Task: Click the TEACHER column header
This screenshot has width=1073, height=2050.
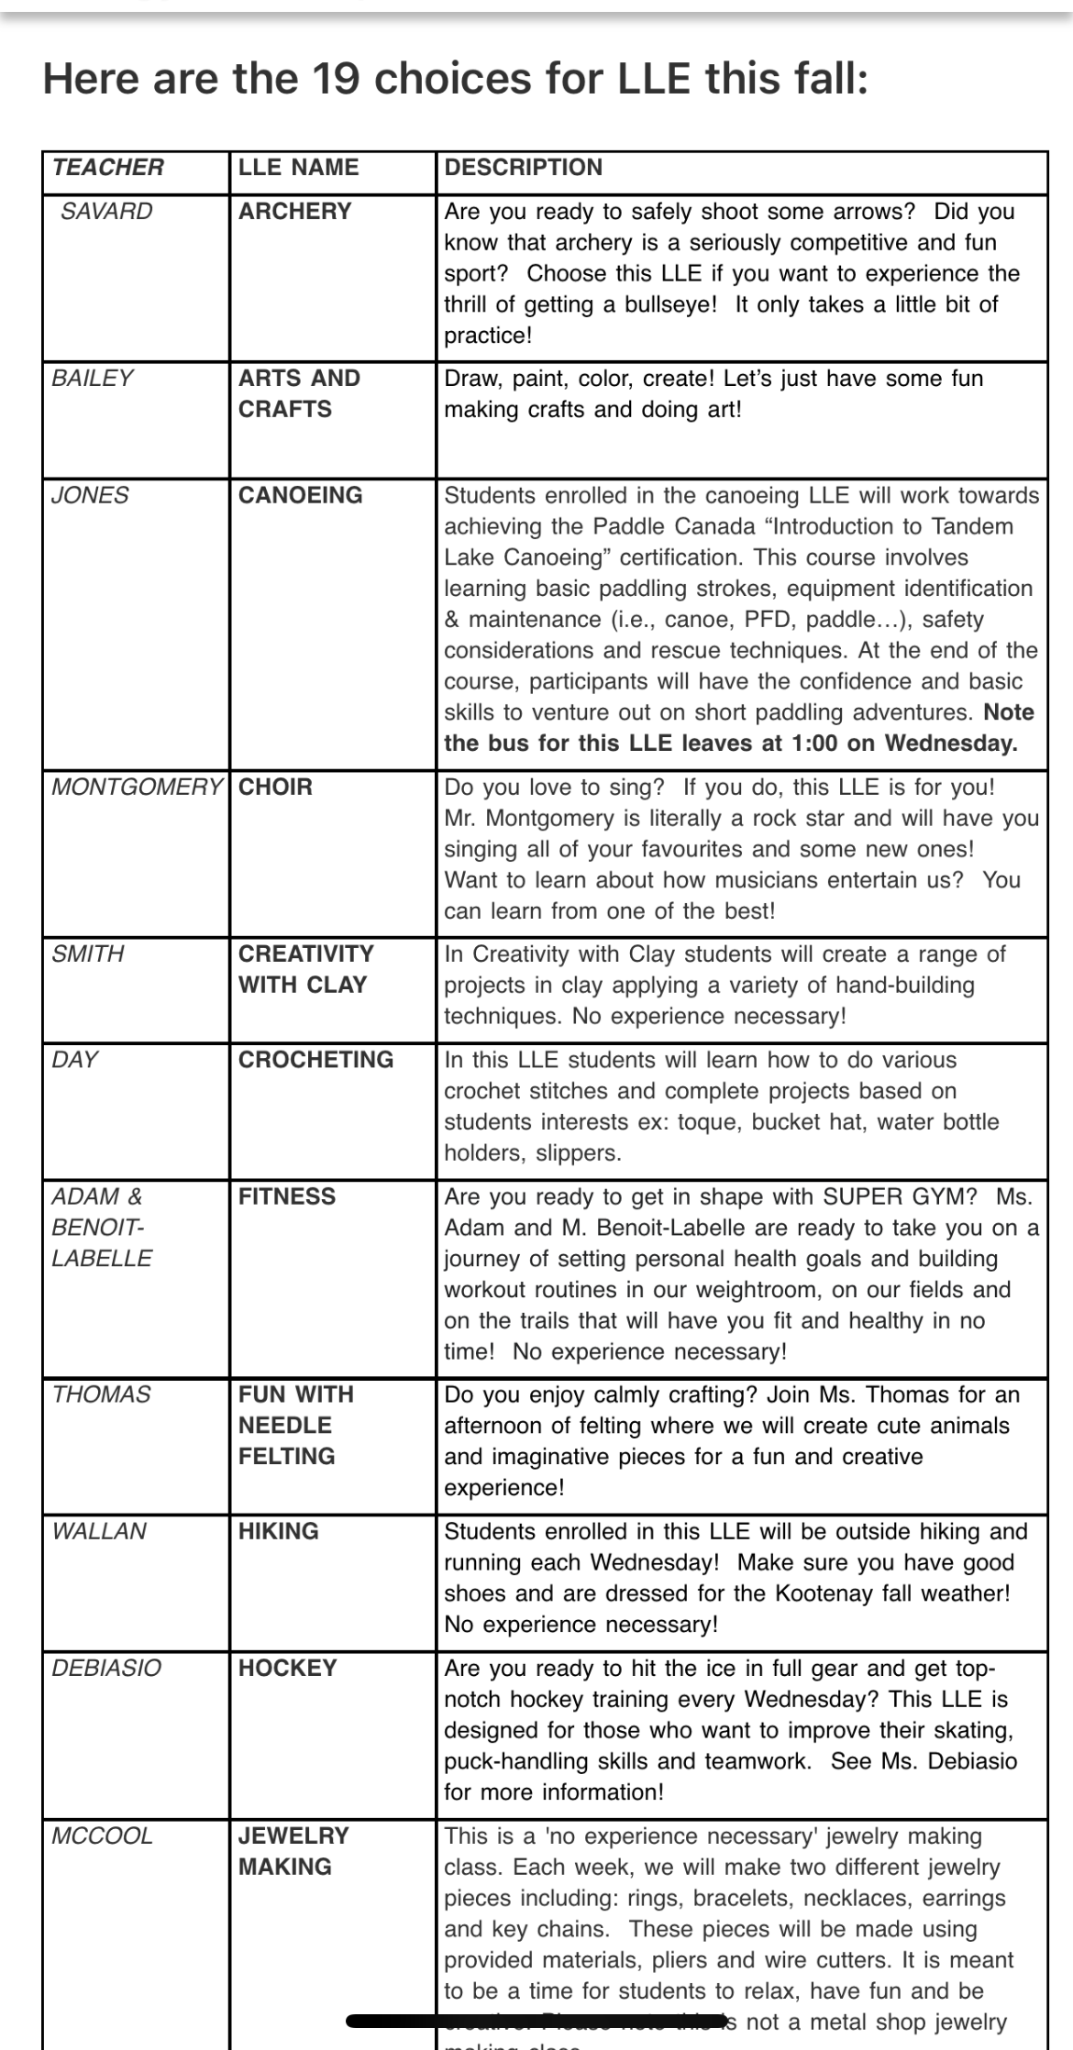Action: point(108,168)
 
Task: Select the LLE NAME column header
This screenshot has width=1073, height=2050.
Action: point(298,168)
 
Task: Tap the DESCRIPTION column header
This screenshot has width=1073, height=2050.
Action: point(524,168)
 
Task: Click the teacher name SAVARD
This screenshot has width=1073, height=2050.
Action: point(106,211)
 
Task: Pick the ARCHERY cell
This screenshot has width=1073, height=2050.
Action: point(294,211)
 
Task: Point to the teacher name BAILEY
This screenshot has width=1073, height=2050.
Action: point(92,378)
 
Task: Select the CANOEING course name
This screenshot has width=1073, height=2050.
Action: point(300,495)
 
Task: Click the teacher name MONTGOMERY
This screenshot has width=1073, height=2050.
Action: point(137,787)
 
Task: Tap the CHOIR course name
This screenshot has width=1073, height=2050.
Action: point(275,787)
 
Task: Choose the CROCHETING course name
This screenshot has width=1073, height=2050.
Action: point(315,1060)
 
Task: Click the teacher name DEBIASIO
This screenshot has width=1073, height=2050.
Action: point(106,1668)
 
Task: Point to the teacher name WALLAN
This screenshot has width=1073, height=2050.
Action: point(99,1531)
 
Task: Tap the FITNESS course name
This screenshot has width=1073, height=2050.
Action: point(287,1196)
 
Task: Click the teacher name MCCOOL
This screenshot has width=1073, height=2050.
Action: point(102,1835)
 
